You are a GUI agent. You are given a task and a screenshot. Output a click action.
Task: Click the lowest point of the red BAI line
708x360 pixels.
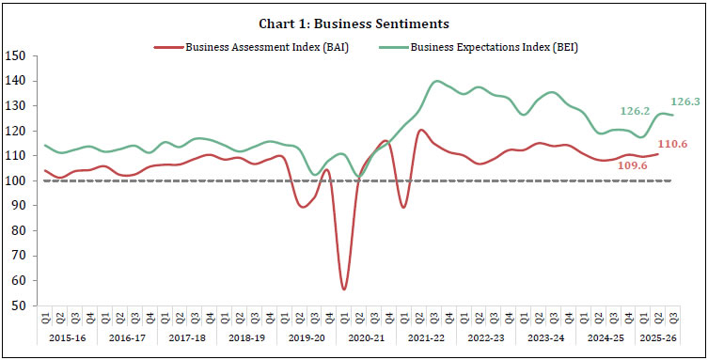(x=344, y=289)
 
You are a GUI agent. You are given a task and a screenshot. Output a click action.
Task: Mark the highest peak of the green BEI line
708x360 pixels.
(x=437, y=81)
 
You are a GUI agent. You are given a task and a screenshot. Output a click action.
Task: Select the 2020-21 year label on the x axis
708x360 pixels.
(x=364, y=337)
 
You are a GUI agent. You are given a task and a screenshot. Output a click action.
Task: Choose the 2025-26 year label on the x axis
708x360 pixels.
(x=655, y=337)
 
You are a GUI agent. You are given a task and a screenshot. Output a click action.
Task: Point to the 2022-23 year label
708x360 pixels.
(x=483, y=337)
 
